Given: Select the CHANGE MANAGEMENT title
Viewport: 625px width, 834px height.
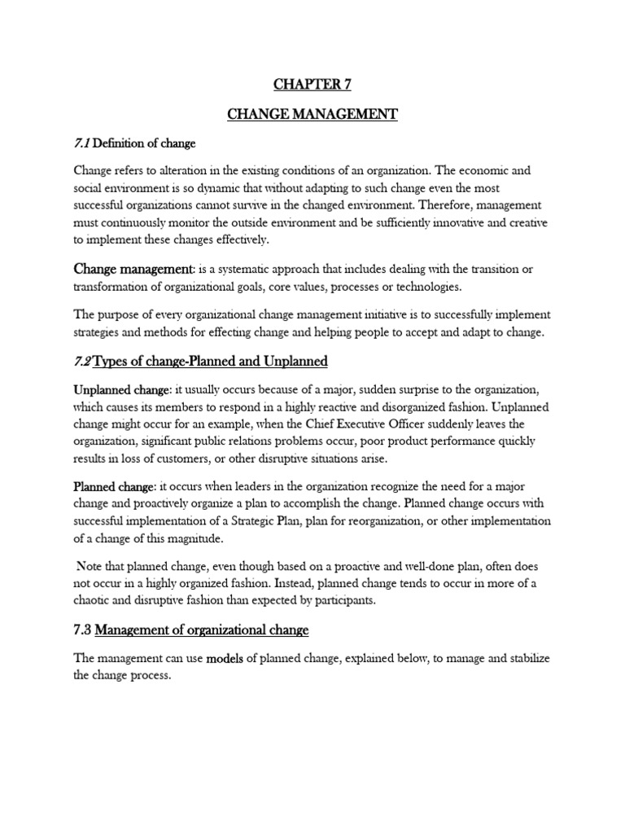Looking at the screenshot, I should [x=312, y=115].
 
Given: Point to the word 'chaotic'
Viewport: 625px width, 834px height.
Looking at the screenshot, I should [x=97, y=600].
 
